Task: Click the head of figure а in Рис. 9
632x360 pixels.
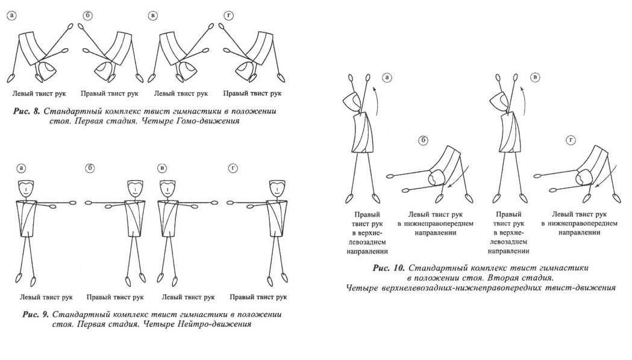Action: pyautogui.click(x=25, y=187)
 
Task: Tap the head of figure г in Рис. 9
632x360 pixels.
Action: pyautogui.click(x=275, y=187)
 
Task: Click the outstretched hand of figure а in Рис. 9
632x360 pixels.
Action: pyautogui.click(x=74, y=204)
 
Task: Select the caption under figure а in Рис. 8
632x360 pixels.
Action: pyautogui.click(x=39, y=94)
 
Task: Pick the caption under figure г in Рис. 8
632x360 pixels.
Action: pyautogui.click(x=252, y=94)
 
